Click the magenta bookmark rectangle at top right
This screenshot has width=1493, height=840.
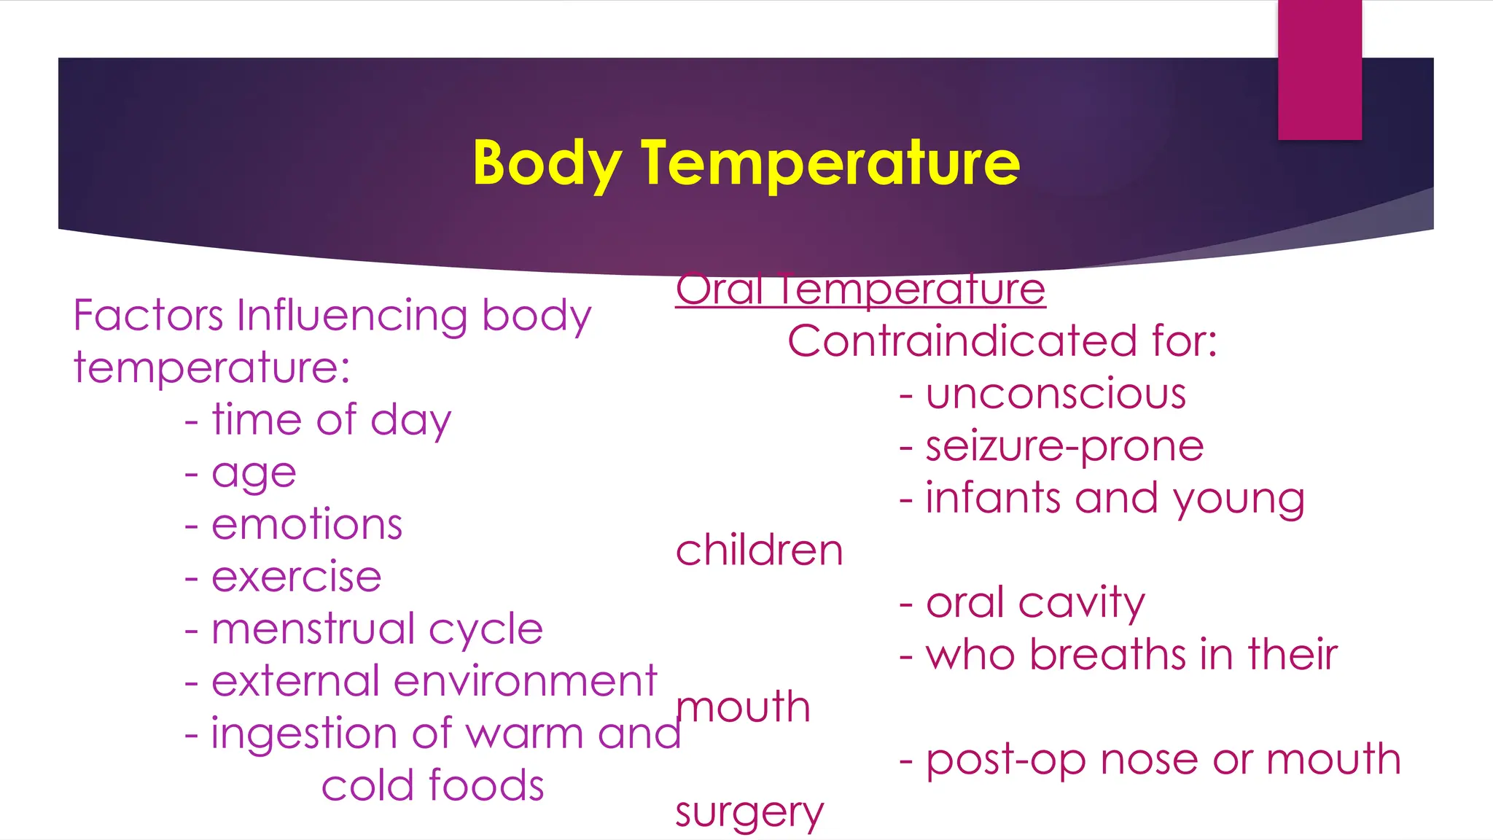[1319, 69]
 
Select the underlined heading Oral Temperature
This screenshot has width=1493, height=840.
[860, 289]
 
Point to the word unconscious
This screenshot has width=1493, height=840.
[1056, 394]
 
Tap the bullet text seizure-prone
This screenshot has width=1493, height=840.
[1064, 446]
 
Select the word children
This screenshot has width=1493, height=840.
[759, 551]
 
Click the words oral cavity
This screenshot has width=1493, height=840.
[1035, 603]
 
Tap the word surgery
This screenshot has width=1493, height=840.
[749, 812]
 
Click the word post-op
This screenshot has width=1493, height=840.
[1006, 760]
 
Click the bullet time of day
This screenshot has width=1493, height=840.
[331, 421]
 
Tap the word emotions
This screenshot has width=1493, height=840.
[307, 525]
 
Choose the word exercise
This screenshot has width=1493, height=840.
[296, 577]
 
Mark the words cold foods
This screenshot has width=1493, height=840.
[433, 786]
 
